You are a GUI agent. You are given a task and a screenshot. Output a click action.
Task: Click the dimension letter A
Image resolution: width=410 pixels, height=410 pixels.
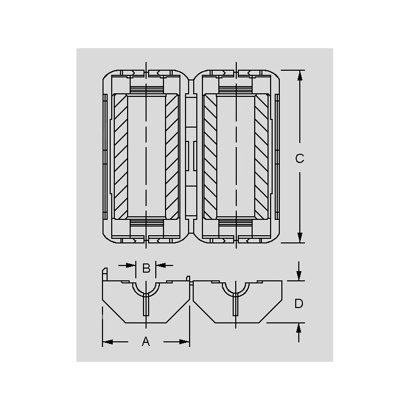click(146, 341)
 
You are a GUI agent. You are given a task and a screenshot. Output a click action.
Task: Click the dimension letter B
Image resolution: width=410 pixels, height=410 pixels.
click(146, 268)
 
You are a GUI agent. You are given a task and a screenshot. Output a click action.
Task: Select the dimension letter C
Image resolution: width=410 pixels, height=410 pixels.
click(300, 158)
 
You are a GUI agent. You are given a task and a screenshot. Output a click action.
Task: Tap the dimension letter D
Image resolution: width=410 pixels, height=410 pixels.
click(299, 303)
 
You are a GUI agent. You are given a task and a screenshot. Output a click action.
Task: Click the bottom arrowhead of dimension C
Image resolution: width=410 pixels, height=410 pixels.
click(300, 237)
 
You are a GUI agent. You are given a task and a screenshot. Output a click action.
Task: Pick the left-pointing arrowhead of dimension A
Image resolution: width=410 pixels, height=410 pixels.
click(108, 342)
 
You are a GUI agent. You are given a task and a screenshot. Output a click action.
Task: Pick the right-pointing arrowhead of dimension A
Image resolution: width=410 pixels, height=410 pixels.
click(184, 342)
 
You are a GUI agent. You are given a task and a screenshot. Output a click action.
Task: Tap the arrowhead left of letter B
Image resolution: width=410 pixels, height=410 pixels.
click(131, 265)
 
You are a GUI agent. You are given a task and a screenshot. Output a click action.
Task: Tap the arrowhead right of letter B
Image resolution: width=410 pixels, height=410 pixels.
click(161, 265)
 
